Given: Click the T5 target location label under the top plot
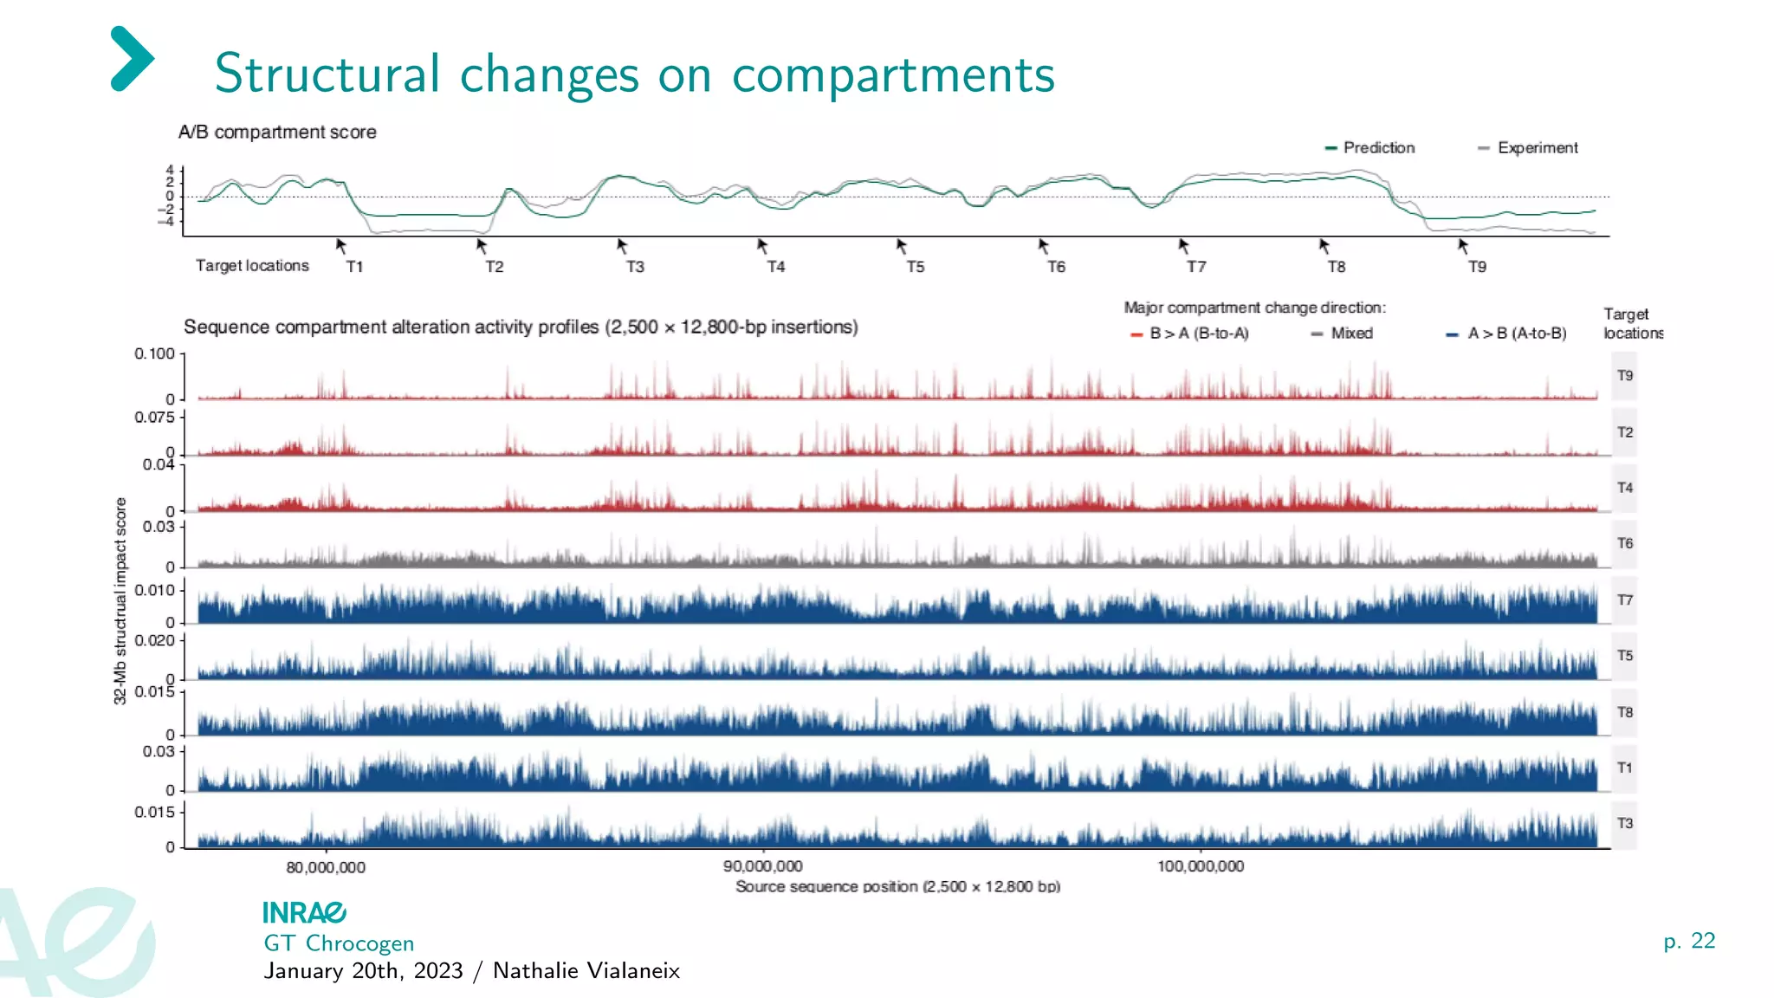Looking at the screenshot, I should [916, 267].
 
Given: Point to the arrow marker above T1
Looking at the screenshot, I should [341, 247].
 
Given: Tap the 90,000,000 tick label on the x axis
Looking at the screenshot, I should [763, 866].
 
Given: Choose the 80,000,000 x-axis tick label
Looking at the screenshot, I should [326, 867].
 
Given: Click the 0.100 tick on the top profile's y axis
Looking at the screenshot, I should [154, 353].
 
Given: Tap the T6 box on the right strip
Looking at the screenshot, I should [1624, 543].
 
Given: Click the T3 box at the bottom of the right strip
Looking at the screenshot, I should [1624, 823].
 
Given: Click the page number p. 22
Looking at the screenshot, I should [1689, 941].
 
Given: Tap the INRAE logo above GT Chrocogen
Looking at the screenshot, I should [304, 912].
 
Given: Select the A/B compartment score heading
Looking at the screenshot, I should [277, 133].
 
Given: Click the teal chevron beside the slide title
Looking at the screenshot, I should [133, 59].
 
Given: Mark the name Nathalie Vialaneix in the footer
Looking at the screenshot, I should [586, 971].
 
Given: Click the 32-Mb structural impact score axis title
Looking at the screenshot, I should [120, 600].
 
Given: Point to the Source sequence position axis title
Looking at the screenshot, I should [897, 886].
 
